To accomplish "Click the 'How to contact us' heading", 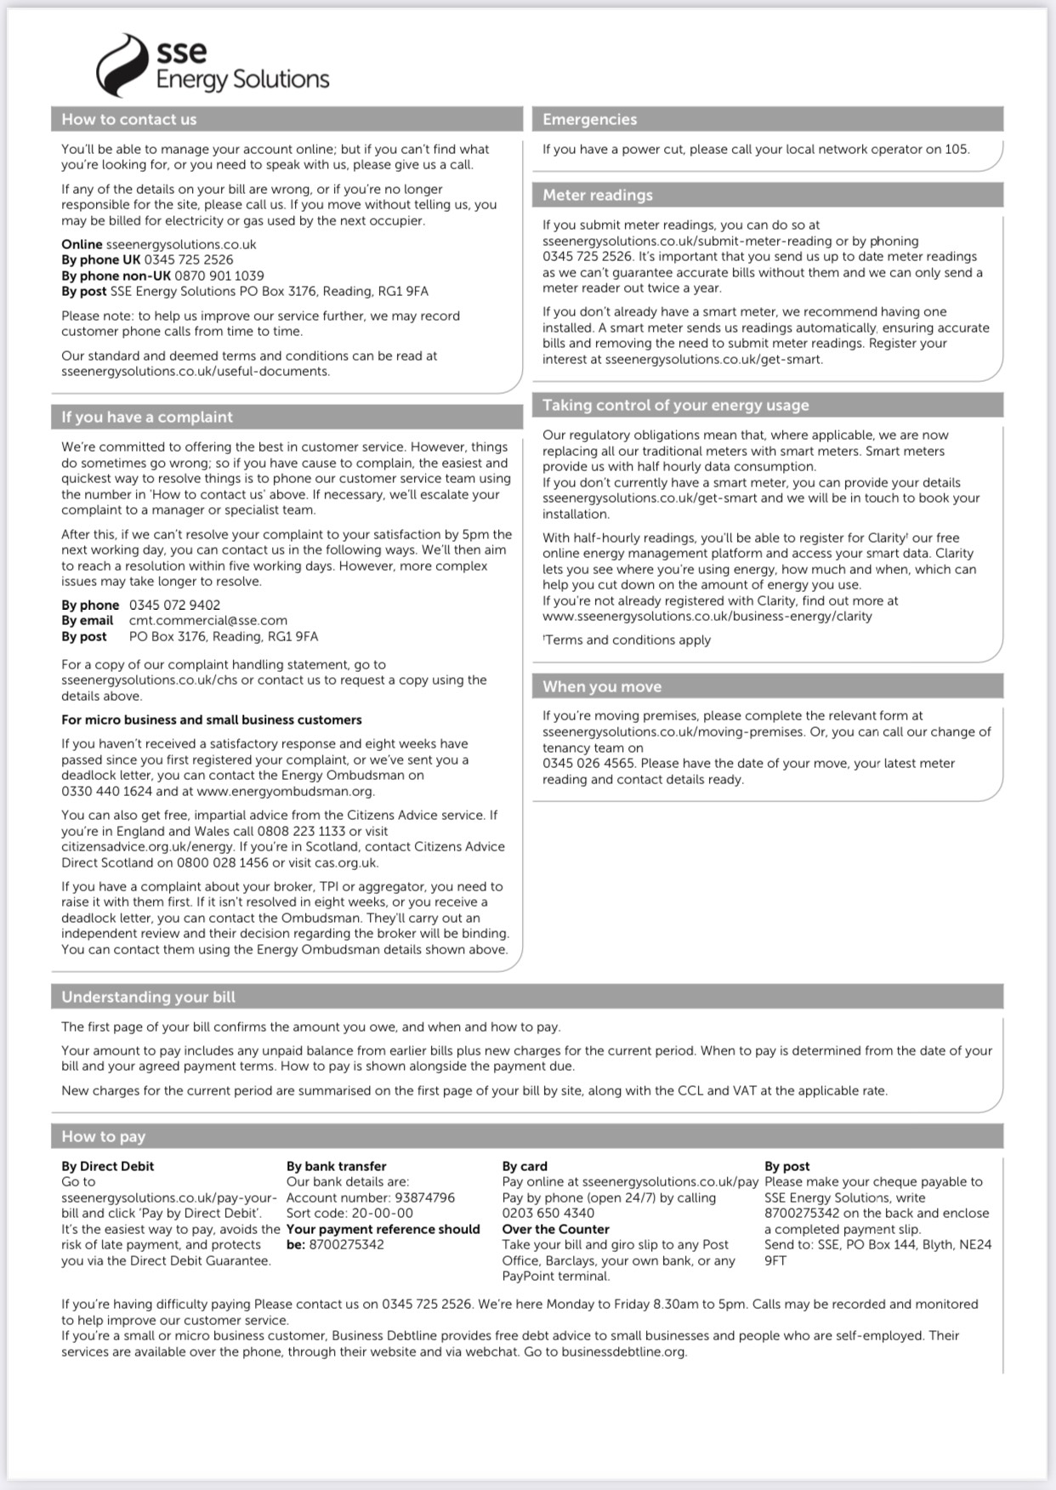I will click(x=129, y=120).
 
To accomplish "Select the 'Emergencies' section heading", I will click(x=589, y=120).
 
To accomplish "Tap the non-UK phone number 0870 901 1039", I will click(x=219, y=276).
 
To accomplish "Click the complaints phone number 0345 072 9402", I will click(x=174, y=605).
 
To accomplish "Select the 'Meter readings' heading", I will click(x=598, y=196).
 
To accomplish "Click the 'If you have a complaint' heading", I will click(x=147, y=418).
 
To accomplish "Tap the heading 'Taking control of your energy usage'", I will click(x=676, y=406).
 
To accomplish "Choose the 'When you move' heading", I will click(x=602, y=687).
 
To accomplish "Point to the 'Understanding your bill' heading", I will click(x=148, y=998).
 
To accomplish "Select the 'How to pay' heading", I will click(x=104, y=1137).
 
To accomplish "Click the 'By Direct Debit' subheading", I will click(x=108, y=1166).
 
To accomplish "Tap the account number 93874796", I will click(x=425, y=1197).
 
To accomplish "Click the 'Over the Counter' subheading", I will click(x=555, y=1229).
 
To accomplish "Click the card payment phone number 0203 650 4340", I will click(x=548, y=1214).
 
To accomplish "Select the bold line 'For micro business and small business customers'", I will click(x=212, y=719).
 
